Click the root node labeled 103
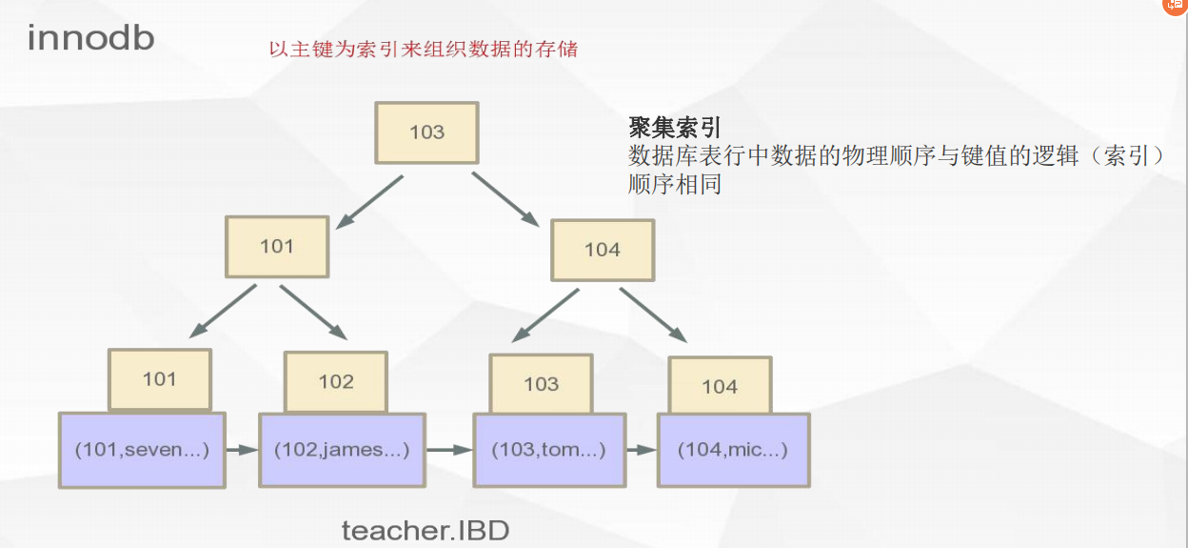coord(426,132)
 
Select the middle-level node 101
coord(277,246)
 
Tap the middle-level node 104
coord(603,249)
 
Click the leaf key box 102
coord(336,381)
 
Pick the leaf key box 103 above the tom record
coord(541,383)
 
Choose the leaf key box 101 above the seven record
coord(159,378)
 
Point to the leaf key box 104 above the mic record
coord(719,385)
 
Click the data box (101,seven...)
coord(142,450)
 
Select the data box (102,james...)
coord(342,449)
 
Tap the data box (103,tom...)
coord(548,450)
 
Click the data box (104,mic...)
coord(733,450)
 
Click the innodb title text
coord(90,38)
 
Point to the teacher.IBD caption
coord(426,530)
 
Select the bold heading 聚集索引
coord(675,128)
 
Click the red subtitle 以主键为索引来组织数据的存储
coord(424,50)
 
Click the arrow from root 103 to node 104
coord(506,199)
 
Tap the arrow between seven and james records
coord(242,449)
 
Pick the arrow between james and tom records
coord(449,449)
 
